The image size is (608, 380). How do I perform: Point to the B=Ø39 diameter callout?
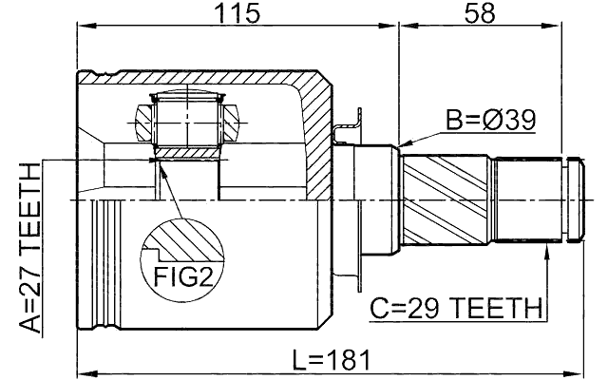(x=491, y=121)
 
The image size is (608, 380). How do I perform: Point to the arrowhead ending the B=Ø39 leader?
(x=405, y=144)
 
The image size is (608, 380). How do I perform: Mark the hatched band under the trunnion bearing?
(x=187, y=150)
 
